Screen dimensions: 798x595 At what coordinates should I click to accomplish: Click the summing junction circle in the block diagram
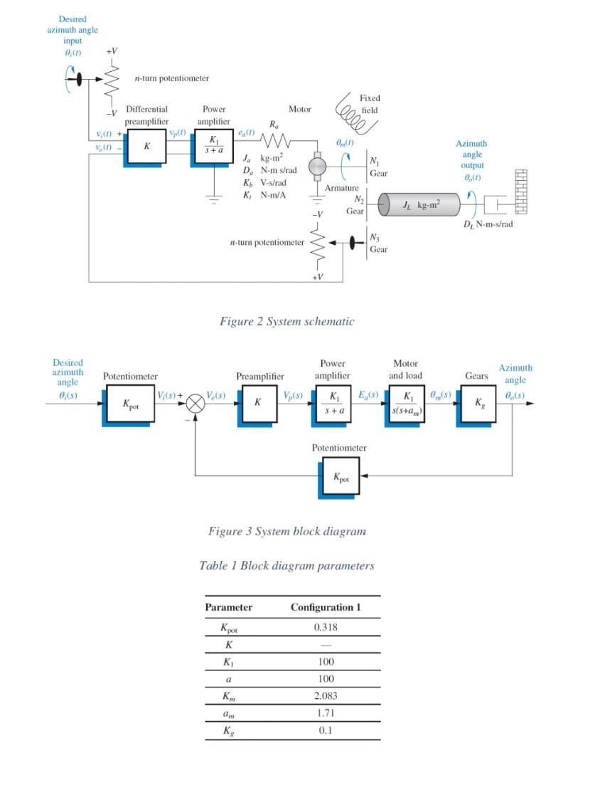point(195,403)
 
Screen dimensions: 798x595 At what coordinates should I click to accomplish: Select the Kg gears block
point(477,404)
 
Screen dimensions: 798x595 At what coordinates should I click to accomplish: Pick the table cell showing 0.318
point(326,627)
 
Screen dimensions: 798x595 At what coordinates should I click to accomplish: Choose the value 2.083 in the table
point(326,695)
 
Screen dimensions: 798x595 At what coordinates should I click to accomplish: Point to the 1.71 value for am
point(326,713)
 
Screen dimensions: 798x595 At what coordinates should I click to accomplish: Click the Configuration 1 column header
point(326,607)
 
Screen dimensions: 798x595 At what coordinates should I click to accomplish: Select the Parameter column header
point(228,607)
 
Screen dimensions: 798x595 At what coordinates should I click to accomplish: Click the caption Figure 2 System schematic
point(286,321)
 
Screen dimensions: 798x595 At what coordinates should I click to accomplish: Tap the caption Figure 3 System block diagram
point(286,531)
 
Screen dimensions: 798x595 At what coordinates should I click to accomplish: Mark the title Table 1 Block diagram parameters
point(286,566)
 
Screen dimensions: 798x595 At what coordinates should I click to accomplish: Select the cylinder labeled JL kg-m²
point(420,205)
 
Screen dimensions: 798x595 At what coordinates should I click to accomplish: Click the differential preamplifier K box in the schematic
point(147,146)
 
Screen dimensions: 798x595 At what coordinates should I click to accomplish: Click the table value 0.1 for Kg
point(326,730)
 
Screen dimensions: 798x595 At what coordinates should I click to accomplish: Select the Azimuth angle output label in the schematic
point(472,159)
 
